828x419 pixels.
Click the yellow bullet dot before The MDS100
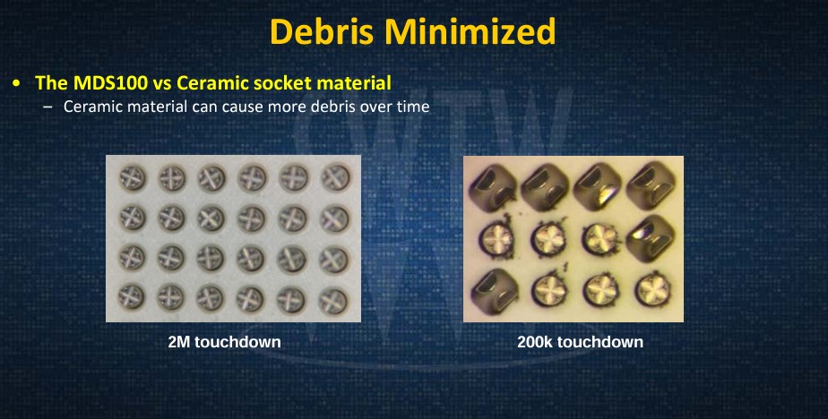(x=18, y=83)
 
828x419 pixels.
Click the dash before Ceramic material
(x=48, y=107)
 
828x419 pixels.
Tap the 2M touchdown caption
(x=224, y=342)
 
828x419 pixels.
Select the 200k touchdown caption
(x=581, y=342)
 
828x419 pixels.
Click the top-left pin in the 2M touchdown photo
(x=132, y=177)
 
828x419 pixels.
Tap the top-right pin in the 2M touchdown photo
(x=335, y=178)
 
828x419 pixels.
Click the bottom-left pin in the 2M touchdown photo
(x=132, y=296)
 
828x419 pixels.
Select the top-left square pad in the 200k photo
(x=493, y=184)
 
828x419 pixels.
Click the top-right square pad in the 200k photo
(x=651, y=183)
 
